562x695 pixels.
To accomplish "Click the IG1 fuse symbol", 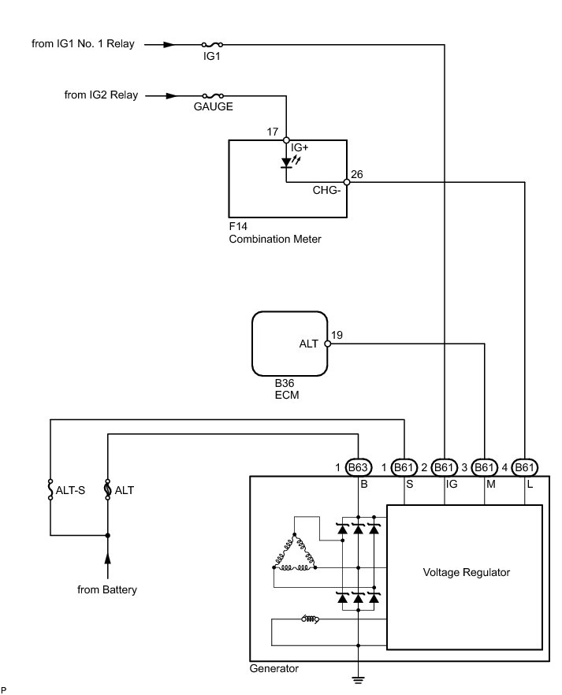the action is pos(212,44).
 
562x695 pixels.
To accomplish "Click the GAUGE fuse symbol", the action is pos(213,95).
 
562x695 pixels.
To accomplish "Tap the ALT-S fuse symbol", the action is pos(50,490).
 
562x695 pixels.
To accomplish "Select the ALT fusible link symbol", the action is pos(107,490).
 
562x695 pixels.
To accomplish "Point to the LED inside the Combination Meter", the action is pos(287,162).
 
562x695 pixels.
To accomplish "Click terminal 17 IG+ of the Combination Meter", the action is pos(286,140).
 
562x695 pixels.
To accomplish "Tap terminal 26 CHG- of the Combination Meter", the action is pos(347,182).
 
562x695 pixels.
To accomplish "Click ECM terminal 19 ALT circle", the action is pos(328,344).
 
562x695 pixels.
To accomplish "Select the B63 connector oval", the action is pos(358,467).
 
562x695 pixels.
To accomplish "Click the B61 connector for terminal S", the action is pos(404,467).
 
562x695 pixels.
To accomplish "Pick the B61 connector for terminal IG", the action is pos(444,467).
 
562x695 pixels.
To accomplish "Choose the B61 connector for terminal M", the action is pos(484,467).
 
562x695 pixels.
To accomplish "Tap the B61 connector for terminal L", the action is pos(525,467).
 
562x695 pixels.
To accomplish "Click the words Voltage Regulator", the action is pos(467,572).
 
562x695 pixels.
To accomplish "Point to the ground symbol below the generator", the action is pos(358,680).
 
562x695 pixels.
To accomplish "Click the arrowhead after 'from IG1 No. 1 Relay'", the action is pos(169,44).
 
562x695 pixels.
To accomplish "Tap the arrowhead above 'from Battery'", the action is pos(107,558).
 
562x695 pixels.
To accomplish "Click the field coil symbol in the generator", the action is pos(311,619).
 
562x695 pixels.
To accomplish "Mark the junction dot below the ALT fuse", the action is pos(107,536).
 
